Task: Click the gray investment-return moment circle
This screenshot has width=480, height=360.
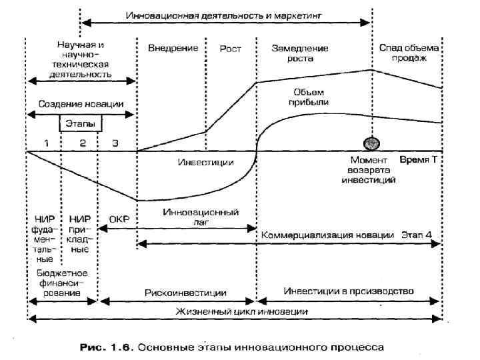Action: point(371,143)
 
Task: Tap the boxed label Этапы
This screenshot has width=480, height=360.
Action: point(79,124)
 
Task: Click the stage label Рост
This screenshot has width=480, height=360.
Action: point(230,49)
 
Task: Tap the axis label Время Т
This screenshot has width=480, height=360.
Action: point(418,161)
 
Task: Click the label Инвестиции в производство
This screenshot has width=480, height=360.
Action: point(349,291)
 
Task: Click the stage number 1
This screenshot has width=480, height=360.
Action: point(46,143)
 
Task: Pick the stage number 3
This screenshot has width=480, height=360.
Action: point(115,143)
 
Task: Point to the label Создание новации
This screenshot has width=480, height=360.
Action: point(81,105)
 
